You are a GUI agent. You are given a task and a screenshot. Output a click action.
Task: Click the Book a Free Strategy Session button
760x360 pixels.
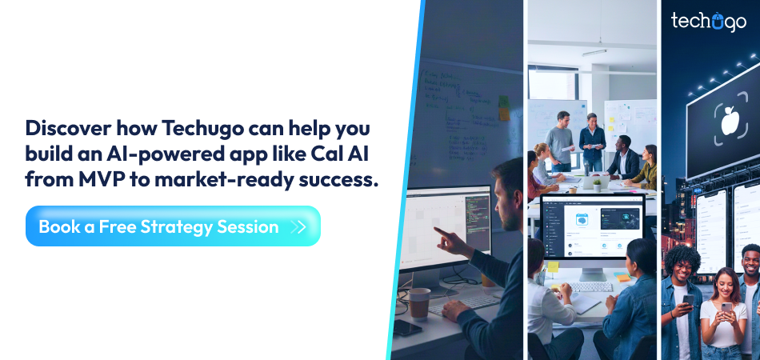pos(173,226)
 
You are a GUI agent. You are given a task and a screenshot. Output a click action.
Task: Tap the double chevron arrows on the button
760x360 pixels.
pos(298,227)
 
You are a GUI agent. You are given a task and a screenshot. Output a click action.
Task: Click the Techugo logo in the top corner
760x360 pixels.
pos(708,22)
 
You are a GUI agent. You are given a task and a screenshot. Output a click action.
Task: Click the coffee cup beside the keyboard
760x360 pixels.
pos(419,303)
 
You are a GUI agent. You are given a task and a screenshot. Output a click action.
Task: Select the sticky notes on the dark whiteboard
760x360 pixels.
pos(504,108)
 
